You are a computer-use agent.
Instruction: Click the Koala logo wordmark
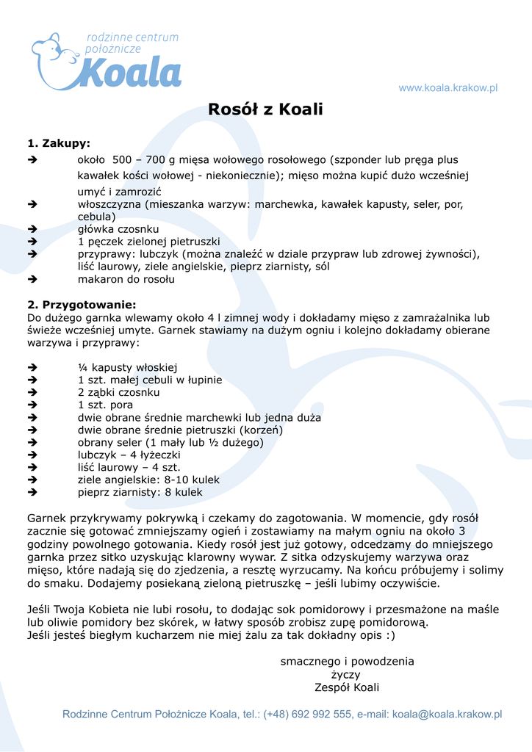[130, 73]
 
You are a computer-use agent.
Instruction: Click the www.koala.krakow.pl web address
[447, 88]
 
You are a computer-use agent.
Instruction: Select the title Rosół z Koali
[265, 110]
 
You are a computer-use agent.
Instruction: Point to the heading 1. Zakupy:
[59, 143]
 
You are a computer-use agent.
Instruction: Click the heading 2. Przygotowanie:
[82, 304]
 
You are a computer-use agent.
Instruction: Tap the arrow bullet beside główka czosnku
[32, 230]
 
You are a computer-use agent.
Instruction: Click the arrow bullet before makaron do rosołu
[32, 280]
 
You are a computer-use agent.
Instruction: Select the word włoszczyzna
[109, 205]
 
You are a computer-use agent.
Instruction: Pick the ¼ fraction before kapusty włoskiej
[82, 367]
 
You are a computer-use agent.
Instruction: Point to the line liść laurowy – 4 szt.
[129, 468]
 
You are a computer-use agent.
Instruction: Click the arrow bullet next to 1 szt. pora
[32, 405]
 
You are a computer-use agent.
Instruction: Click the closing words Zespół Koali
[346, 688]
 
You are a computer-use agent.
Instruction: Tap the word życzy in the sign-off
[345, 675]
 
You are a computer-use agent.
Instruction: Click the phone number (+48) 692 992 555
[307, 715]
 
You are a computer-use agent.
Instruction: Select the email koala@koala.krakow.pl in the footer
[447, 715]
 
